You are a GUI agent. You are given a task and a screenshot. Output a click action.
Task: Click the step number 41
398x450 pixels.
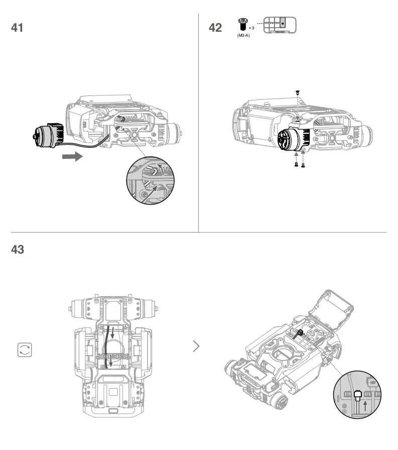tap(17, 28)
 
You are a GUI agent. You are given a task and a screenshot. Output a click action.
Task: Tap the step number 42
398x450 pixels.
tap(215, 28)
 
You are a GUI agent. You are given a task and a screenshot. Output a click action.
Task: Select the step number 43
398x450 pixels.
tap(17, 249)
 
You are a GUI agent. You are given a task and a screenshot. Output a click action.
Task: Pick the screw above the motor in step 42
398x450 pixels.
tap(297, 92)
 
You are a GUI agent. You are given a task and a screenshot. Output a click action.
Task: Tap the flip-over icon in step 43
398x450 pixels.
tap(24, 350)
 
